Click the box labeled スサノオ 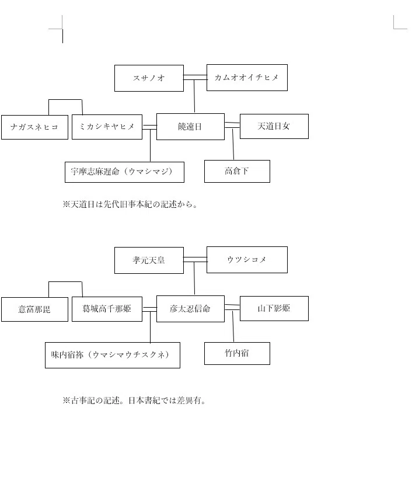click(x=149, y=78)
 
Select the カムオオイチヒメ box click(x=247, y=78)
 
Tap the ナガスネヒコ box click(x=34, y=127)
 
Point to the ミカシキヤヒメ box click(x=107, y=127)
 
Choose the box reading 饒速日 click(x=190, y=127)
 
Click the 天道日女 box click(x=274, y=126)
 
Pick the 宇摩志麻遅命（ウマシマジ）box click(x=124, y=172)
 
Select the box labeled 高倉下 click(x=237, y=171)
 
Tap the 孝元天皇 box click(x=149, y=260)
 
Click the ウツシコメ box click(x=247, y=260)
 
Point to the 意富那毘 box click(x=34, y=309)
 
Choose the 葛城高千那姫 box click(x=107, y=309)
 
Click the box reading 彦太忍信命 click(x=190, y=309)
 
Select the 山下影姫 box click(x=274, y=308)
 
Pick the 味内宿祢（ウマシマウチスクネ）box click(x=113, y=355)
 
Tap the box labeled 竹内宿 click(x=237, y=353)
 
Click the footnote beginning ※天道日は click(x=130, y=204)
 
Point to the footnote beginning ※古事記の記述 click(x=134, y=401)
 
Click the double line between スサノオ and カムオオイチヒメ click(x=195, y=78)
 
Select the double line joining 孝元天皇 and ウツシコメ click(x=195, y=260)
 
